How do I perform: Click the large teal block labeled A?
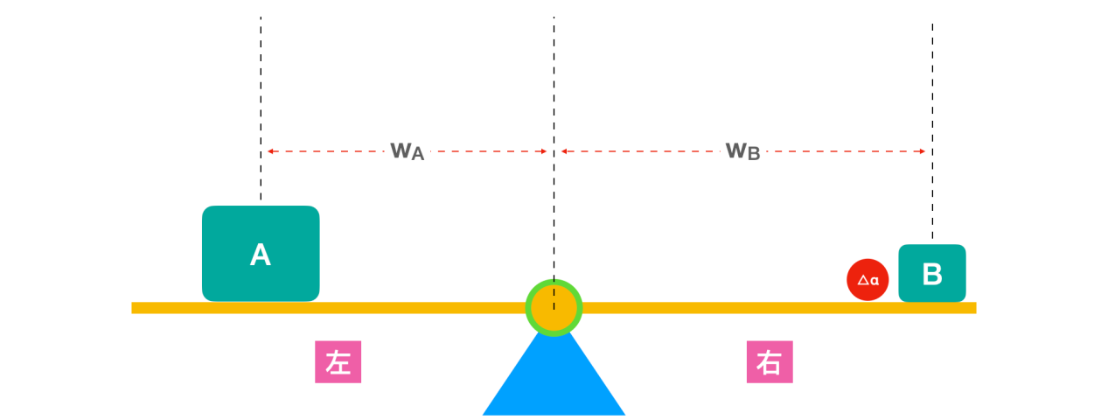(261, 254)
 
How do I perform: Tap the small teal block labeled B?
(932, 274)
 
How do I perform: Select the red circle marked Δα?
(868, 280)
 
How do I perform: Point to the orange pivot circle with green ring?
(554, 307)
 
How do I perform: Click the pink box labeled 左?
(338, 362)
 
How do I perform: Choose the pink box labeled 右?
(770, 362)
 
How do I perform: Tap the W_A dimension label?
(407, 151)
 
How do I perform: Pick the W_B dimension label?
(742, 151)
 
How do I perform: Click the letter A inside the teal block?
(261, 255)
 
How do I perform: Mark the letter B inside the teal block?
(932, 275)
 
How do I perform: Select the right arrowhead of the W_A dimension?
(544, 151)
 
